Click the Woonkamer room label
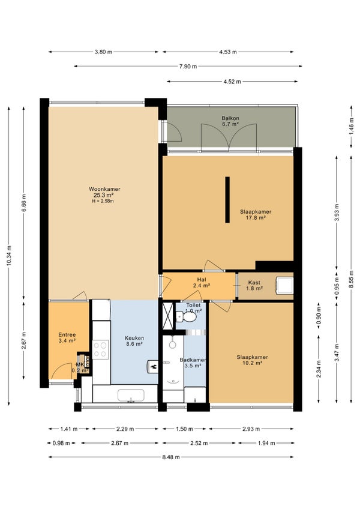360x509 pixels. tap(104, 189)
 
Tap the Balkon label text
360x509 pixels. tap(230, 118)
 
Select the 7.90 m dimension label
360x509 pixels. tap(188, 67)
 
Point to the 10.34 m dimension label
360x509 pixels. tap(9, 256)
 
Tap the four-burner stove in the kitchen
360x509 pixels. tap(101, 349)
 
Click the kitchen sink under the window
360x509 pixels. tap(131, 396)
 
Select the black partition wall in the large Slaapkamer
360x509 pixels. tap(227, 200)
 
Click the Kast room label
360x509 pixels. tap(254, 283)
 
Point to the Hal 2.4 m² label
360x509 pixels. tap(201, 283)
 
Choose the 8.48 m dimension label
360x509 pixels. tap(171, 457)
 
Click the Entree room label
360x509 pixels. tap(67, 335)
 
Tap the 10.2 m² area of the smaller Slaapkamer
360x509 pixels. tap(252, 363)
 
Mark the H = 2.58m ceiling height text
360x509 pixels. tap(103, 201)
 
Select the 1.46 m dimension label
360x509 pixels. tap(352, 127)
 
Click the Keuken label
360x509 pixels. tap(134, 338)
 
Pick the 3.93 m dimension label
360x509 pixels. tap(337, 212)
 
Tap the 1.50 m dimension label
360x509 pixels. tap(184, 429)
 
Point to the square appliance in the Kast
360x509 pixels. tap(284, 285)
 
